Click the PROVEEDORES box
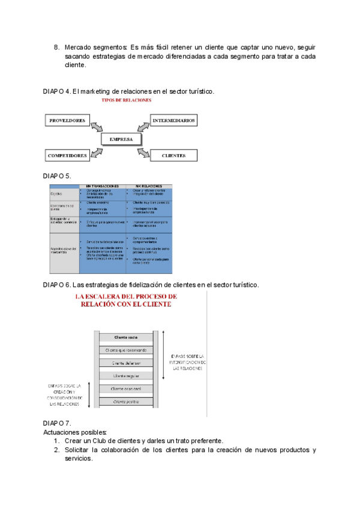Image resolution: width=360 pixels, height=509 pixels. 66,120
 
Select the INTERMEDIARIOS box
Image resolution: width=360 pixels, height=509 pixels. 173,120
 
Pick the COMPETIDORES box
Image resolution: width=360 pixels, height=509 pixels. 67,156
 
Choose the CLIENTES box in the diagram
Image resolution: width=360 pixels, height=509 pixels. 173,156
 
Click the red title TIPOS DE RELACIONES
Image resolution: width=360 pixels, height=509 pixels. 127,100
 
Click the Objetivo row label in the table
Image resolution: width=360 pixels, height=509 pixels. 56,194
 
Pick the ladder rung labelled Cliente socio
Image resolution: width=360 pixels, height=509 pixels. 126,338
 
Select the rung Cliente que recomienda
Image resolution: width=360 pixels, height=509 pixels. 127,350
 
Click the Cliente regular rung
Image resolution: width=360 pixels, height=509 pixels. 126,376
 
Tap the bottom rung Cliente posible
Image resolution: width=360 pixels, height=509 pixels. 126,402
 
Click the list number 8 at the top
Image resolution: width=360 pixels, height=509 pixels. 56,47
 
